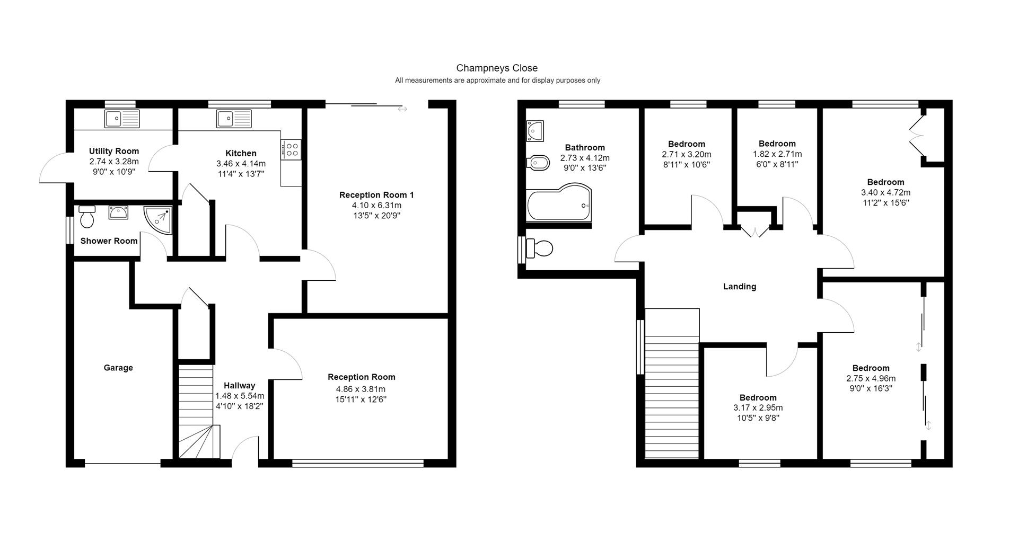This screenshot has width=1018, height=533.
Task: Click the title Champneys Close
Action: click(x=497, y=68)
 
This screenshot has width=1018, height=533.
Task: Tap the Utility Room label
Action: click(x=114, y=152)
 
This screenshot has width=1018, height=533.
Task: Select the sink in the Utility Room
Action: click(x=122, y=119)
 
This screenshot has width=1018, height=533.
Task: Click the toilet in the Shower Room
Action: click(x=86, y=216)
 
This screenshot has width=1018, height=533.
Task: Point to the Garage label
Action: click(x=118, y=368)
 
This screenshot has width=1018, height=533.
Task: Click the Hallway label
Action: click(x=239, y=386)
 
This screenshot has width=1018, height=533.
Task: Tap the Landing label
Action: click(x=740, y=287)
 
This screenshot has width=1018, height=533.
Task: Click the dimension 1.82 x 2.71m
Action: click(x=777, y=154)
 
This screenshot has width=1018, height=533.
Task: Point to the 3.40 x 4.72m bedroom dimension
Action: click(x=885, y=192)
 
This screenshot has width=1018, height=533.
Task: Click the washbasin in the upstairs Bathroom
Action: click(x=535, y=130)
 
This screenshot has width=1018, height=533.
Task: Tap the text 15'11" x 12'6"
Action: click(x=361, y=399)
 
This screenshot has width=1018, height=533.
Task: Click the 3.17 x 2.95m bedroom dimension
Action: click(x=758, y=408)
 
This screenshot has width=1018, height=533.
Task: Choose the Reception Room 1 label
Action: click(x=376, y=195)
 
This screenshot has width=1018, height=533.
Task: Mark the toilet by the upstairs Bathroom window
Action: click(x=539, y=247)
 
